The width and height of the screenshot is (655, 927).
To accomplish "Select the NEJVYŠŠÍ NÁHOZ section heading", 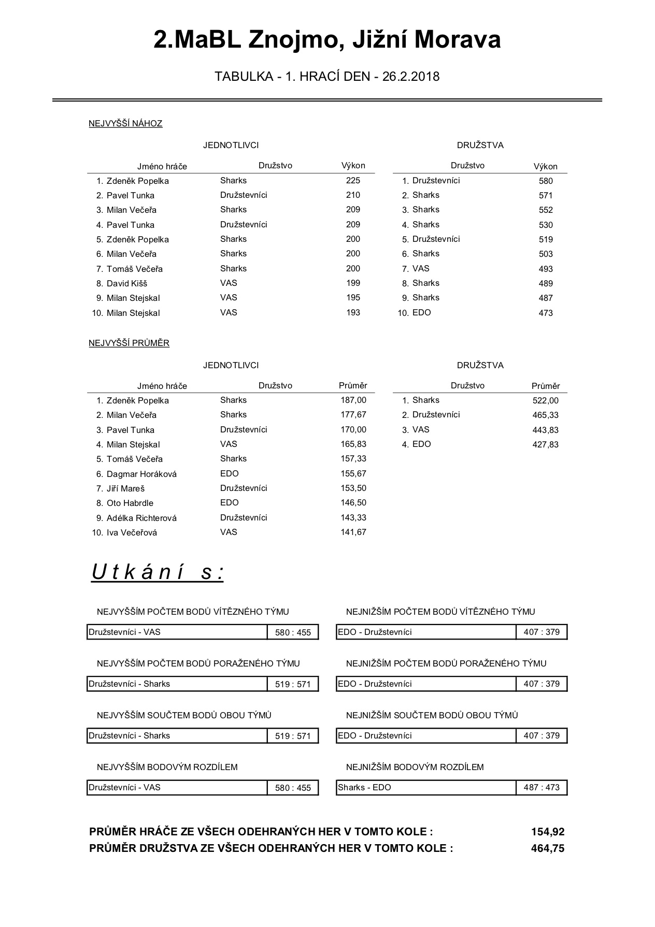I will point(125,123).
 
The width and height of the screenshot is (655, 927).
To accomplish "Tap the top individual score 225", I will point(353,181).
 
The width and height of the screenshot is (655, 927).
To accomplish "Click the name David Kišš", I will point(127,283).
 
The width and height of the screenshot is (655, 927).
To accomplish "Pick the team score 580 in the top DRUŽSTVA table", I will point(546,181).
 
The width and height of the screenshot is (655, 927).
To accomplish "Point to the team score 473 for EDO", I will point(546,313).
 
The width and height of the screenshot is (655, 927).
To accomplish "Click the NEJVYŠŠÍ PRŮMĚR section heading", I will point(129,343).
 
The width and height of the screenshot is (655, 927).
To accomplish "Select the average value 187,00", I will point(353,400).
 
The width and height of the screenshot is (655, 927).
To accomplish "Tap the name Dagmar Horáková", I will point(141,474).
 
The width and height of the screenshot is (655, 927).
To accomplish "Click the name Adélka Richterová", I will point(141,518).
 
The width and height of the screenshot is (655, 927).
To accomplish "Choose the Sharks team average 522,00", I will point(545,400).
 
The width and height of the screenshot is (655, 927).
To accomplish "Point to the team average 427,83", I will point(545,444).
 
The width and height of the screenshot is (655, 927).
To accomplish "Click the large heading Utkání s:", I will point(158,572).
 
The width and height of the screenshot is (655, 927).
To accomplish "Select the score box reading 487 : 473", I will point(542,787).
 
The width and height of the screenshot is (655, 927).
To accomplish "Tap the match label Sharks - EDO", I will point(364,787).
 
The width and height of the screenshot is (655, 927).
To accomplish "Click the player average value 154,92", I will point(548,832).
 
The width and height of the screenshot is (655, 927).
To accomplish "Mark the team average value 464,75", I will point(548,848).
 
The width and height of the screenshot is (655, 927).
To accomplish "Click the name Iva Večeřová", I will point(132,532).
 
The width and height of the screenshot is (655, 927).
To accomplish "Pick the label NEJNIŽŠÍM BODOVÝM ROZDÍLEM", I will point(415,767).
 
